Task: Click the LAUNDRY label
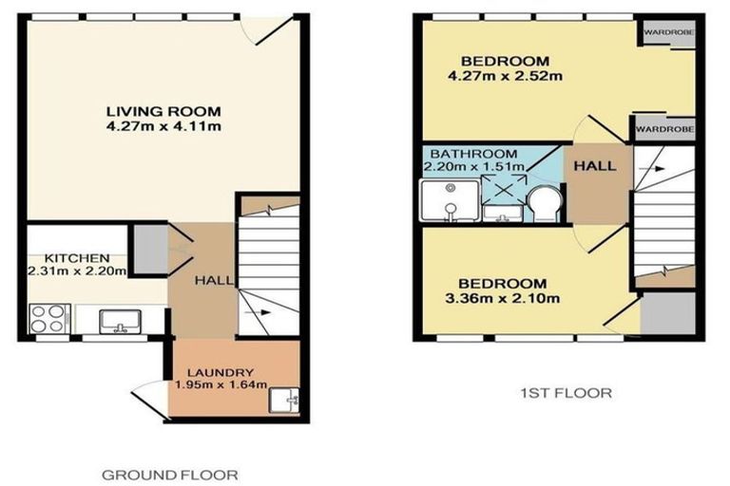pyautogui.click(x=220, y=372)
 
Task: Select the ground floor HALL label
pyautogui.click(x=209, y=281)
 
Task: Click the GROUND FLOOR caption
pyautogui.click(x=169, y=474)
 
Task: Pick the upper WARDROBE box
pyautogui.click(x=665, y=33)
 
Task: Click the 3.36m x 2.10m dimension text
pyautogui.click(x=503, y=299)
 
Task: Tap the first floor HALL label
pyautogui.click(x=595, y=165)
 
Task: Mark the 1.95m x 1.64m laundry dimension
pyautogui.click(x=221, y=385)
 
